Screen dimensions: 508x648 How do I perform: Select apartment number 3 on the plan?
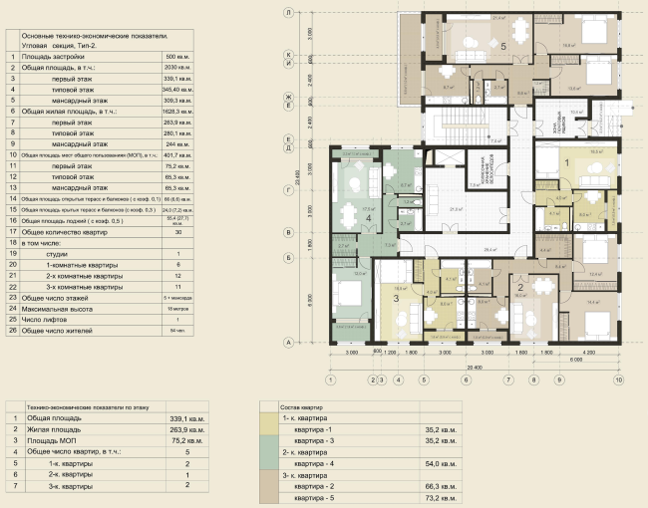(395, 298)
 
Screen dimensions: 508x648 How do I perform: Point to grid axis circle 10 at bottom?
(618, 380)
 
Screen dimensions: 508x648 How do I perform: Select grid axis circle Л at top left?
(287, 14)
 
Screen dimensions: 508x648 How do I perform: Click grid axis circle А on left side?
(287, 342)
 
